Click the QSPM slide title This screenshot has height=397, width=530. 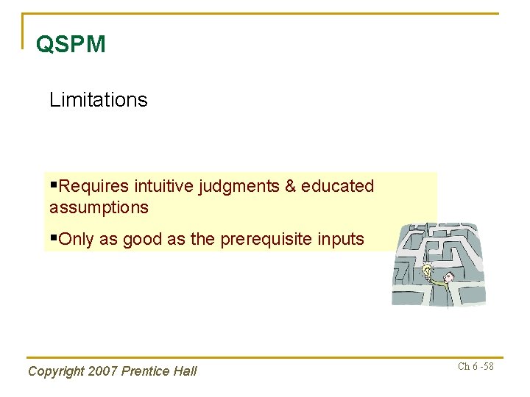click(71, 44)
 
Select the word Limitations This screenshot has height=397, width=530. click(98, 100)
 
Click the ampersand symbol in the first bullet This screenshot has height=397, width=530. click(287, 187)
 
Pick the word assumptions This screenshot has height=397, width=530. click(99, 207)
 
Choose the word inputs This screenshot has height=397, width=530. click(340, 239)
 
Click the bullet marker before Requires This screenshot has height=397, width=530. click(53, 186)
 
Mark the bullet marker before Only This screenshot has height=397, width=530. click(53, 238)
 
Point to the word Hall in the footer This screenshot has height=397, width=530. click(185, 371)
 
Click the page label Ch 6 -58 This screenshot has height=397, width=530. click(476, 366)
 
